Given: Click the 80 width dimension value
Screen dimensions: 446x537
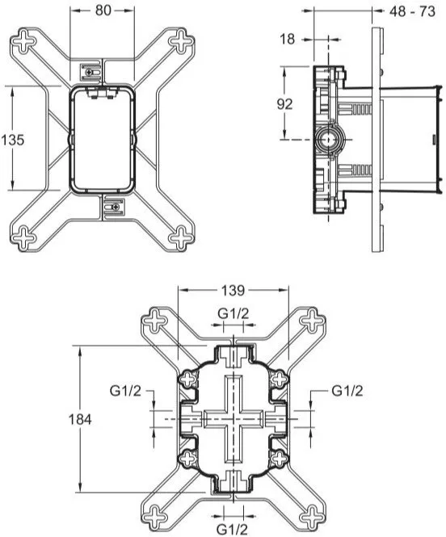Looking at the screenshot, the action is (103, 10).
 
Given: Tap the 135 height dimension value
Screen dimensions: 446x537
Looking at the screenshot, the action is (13, 140).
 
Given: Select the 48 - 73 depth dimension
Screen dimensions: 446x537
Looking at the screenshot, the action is (412, 11).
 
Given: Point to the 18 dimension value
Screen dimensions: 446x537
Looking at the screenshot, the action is (287, 40).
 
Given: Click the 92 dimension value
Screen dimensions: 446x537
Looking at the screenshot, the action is (284, 104).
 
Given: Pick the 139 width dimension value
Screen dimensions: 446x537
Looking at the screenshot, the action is (233, 291).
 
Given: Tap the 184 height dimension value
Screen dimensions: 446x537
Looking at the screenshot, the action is (80, 419).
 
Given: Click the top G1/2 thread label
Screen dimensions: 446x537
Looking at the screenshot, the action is (234, 313).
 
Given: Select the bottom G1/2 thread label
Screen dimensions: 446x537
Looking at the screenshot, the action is (232, 530).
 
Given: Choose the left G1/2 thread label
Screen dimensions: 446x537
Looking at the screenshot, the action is (125, 391).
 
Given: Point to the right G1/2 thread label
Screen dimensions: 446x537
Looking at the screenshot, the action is (347, 391).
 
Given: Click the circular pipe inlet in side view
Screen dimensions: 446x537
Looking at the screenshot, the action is (328, 140).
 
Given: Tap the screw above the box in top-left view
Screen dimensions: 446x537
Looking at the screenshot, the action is (90, 72).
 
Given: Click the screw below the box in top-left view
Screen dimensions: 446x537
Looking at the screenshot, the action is (117, 207).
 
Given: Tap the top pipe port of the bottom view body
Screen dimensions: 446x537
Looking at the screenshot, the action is (233, 356).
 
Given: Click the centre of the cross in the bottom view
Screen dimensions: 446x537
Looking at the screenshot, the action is (233, 419).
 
